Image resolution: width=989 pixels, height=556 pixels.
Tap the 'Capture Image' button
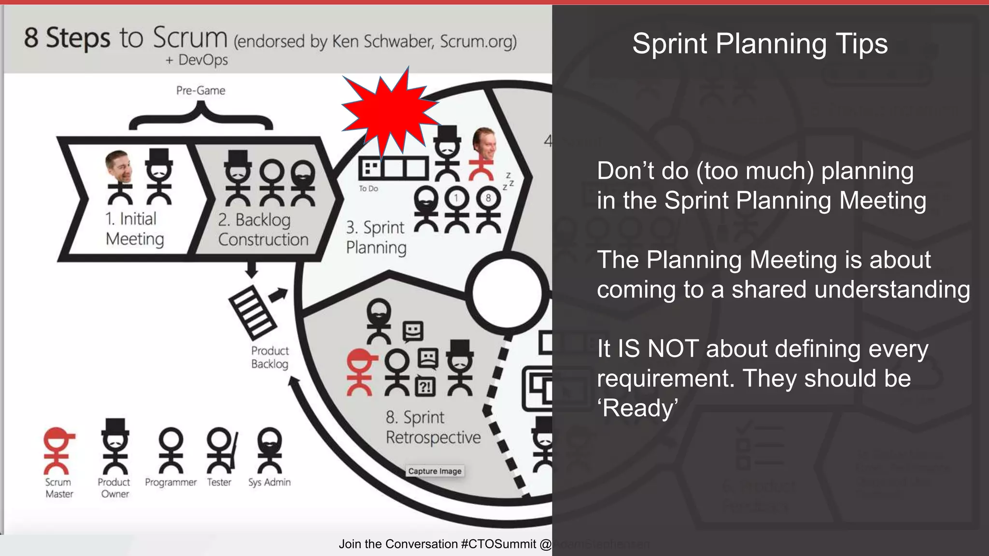[435, 471]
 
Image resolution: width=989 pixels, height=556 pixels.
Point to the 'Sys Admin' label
[269, 482]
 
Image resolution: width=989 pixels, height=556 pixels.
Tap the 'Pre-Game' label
[200, 91]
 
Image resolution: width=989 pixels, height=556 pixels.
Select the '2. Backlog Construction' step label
[262, 230]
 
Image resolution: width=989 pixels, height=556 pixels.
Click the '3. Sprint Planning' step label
[376, 237]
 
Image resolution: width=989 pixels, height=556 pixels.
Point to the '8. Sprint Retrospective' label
[433, 428]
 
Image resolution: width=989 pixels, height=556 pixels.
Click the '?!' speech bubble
[425, 386]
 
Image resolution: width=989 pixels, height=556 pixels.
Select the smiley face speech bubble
[413, 331]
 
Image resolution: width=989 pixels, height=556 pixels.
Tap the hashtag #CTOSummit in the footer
[498, 544]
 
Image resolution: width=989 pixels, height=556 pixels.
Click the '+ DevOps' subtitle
[197, 60]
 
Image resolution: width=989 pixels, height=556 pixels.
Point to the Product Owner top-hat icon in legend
[114, 446]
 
